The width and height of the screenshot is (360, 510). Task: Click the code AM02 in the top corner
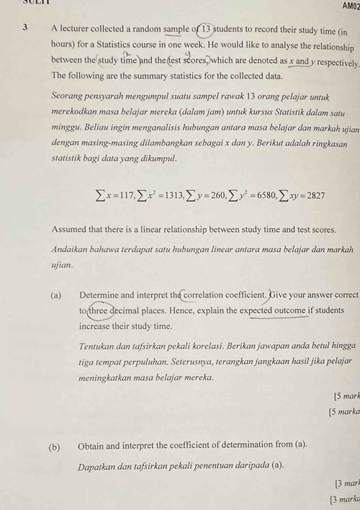(348, 6)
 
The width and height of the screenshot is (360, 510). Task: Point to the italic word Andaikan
(74, 249)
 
